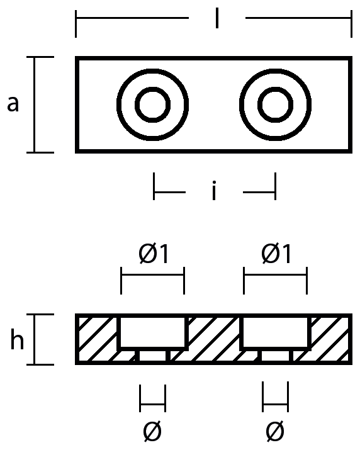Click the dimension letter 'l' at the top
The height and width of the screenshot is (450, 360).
(217, 18)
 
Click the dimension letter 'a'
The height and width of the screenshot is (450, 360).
(13, 104)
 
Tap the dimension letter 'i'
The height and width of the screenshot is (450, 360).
(213, 190)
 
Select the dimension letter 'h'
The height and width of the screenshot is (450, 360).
(17, 339)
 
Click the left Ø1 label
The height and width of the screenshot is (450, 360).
(154, 254)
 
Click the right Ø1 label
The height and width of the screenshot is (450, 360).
(276, 254)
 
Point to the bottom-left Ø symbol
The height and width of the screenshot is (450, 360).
(152, 431)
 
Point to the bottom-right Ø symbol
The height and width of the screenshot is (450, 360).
(275, 431)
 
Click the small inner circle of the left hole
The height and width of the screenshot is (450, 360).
(152, 87)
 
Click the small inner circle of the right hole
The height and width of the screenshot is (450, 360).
(275, 87)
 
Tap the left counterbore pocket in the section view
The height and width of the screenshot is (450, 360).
(152, 332)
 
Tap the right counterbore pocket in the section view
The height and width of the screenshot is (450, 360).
(275, 332)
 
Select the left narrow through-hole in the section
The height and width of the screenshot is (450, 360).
(152, 356)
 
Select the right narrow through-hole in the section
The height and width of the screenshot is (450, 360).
(275, 356)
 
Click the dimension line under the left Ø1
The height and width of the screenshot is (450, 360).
(152, 275)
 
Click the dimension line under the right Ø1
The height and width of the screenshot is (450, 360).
(275, 275)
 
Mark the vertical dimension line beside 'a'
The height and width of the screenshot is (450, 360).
(35, 104)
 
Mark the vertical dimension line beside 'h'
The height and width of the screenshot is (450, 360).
(35, 339)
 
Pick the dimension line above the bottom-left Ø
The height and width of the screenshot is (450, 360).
(152, 404)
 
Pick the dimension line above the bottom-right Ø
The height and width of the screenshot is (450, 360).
(275, 404)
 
